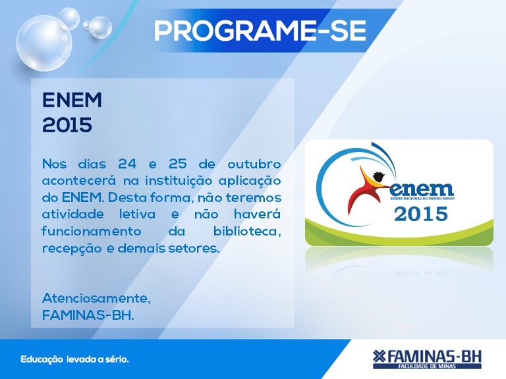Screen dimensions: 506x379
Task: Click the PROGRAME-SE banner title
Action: pos(260,31)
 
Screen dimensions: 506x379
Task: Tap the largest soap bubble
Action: pos(45,43)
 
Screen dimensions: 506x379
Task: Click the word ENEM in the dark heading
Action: pos(72,100)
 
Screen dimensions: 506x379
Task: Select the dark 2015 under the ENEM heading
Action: pos(67,125)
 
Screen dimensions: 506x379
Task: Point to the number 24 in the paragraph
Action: pos(126,164)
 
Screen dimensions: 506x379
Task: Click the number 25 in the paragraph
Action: pos(177,164)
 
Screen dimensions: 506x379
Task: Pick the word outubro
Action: pos(254,164)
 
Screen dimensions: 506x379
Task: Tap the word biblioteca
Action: pos(247,231)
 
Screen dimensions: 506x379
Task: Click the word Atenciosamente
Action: pos(96,299)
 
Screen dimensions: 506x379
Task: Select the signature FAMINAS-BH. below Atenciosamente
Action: pos(88,315)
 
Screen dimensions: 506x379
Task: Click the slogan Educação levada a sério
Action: pos(75,359)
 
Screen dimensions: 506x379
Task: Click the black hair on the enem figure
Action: pos(378,176)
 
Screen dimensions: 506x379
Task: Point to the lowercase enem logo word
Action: pos(422,189)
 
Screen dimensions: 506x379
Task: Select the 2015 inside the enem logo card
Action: pos(421,214)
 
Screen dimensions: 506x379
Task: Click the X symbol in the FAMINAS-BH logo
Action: pos(379,356)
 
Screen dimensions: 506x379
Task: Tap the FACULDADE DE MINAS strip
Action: pos(427,366)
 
